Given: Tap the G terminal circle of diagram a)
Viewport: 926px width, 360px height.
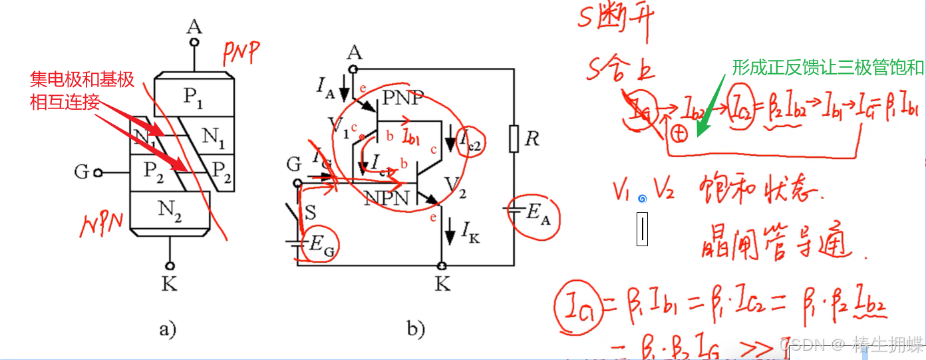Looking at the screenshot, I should pos(98,172).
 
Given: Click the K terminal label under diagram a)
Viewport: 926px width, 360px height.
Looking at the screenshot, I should pos(170,285).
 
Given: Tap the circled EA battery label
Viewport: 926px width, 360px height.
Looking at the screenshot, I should pos(536,213).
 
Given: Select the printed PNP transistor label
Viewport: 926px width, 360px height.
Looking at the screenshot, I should pos(403,98).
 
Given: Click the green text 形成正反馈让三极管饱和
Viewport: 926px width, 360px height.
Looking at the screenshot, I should pos(828,67).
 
